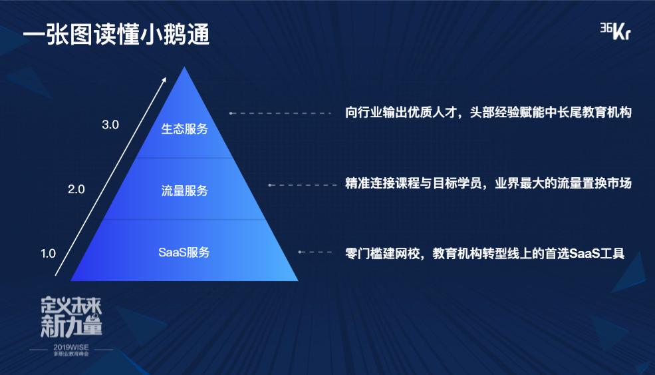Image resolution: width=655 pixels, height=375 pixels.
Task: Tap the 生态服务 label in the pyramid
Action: (x=185, y=129)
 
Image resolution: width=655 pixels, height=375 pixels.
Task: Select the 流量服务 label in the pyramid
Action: (x=185, y=191)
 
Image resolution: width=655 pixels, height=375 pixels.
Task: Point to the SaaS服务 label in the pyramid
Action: (x=184, y=252)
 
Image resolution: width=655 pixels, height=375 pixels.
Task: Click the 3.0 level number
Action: (x=110, y=125)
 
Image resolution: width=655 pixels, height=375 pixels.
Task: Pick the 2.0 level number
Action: (x=76, y=189)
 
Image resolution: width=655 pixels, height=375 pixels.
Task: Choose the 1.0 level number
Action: (x=48, y=253)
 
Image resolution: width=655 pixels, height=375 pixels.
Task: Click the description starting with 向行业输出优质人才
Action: (x=488, y=113)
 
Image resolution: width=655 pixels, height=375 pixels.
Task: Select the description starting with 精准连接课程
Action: (x=488, y=184)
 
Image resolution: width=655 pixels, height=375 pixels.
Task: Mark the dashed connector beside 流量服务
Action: (x=303, y=185)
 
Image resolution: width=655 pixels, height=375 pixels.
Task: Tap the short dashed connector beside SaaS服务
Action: (x=315, y=252)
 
